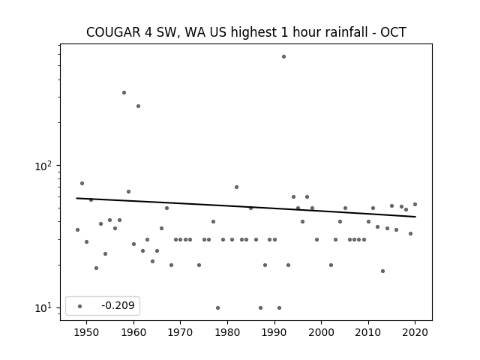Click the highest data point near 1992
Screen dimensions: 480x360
coord(283,57)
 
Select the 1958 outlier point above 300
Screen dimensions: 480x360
coord(124,92)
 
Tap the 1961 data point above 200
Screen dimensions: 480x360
coord(138,106)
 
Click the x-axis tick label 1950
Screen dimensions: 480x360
coord(87,332)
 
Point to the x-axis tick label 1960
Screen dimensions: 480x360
coord(133,332)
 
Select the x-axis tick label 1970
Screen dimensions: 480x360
coord(180,332)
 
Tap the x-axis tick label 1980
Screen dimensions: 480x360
coord(227,332)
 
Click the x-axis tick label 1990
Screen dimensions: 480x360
coord(274,332)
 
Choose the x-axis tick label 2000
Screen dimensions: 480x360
coord(321,332)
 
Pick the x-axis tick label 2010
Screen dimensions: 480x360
coord(368,332)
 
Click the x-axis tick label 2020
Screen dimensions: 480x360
coord(415,332)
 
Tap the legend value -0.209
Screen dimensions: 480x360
coord(118,305)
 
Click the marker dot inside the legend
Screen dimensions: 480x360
coord(80,306)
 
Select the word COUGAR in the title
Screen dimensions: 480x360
coord(113,32)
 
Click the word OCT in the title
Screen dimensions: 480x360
coord(393,32)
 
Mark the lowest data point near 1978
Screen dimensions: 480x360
coord(217,307)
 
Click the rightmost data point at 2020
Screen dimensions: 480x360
coord(415,204)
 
